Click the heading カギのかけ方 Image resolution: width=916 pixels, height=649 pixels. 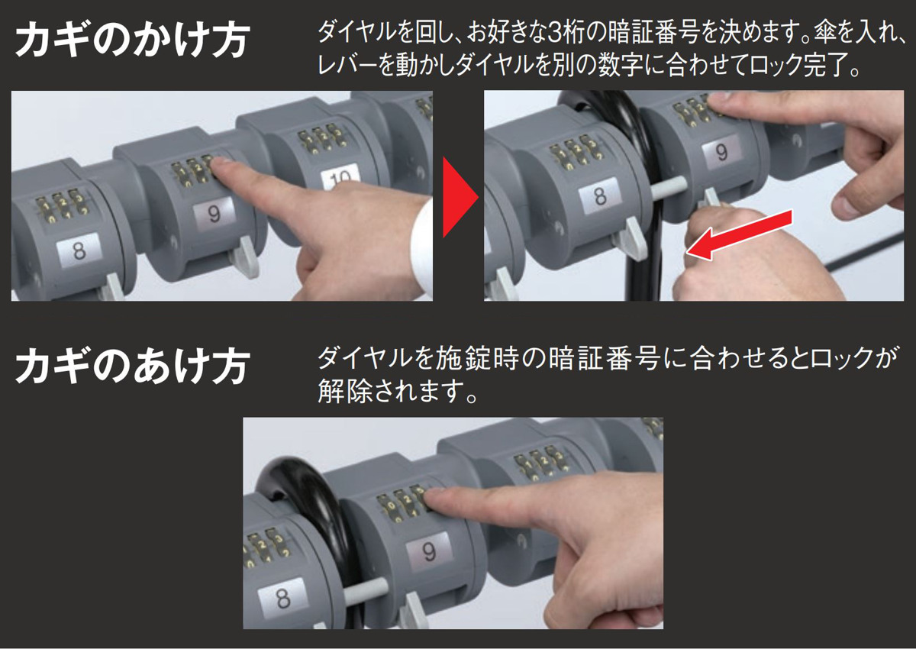(x=131, y=40)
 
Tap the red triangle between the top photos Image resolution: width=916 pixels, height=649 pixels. (x=460, y=197)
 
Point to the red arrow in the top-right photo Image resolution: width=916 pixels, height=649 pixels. (x=740, y=234)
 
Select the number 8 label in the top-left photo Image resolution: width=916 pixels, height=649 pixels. (x=79, y=251)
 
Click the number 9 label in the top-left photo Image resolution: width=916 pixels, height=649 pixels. (x=214, y=214)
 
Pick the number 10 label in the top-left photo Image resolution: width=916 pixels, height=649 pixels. (x=340, y=176)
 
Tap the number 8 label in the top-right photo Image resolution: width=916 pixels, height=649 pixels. (x=600, y=196)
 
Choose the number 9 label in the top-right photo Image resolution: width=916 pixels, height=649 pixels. (x=721, y=152)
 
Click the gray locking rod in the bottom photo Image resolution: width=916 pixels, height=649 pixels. (x=365, y=591)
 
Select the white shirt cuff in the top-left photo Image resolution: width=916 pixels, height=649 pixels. (x=422, y=245)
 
